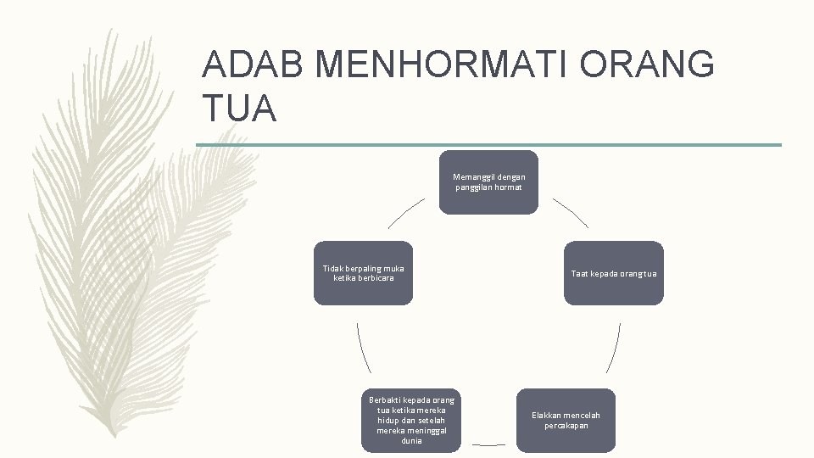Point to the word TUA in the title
point(240,109)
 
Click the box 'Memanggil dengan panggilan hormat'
point(488,182)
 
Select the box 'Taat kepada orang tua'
point(614,273)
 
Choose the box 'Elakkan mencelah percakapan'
point(566,420)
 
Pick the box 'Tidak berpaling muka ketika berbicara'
point(364,273)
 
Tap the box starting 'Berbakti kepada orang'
point(411,420)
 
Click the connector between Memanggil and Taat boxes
point(570,212)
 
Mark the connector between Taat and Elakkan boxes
point(614,348)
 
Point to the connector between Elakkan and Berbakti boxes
point(489,444)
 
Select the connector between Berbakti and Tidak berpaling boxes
point(363,348)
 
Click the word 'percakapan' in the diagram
point(566,426)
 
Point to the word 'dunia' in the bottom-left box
point(411,441)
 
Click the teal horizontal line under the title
point(489,145)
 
